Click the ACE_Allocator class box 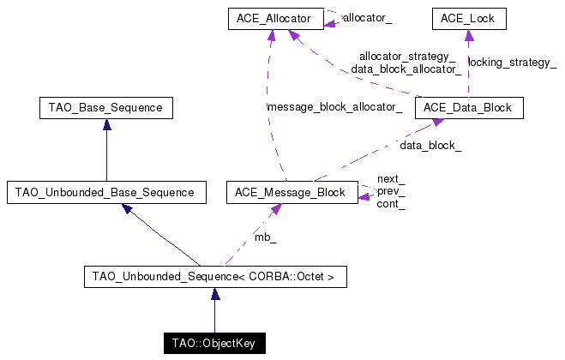coord(274,17)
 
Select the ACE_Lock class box coord(467,17)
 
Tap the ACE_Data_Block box coord(468,108)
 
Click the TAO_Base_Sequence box coord(106,108)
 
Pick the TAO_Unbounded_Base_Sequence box coord(106,193)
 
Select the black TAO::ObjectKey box coord(214,344)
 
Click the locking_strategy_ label coord(512,63)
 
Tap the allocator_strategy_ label coord(407,57)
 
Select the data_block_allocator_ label coord(406,69)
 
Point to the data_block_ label coord(430,146)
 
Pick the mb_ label coord(265,237)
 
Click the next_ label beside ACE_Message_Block coord(390,179)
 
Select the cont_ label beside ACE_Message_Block coord(391,204)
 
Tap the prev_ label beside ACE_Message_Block coord(391,191)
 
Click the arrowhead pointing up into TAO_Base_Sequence coord(106,124)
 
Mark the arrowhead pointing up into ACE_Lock coord(467,33)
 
